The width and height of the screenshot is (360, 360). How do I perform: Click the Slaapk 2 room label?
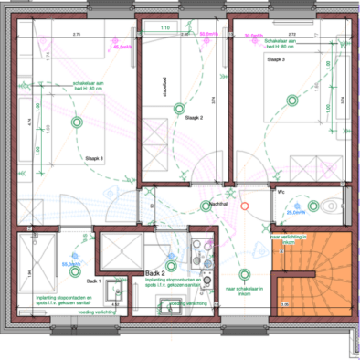click(x=193, y=119)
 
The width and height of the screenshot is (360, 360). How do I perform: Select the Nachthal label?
click(x=217, y=202)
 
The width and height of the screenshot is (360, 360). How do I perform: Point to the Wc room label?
click(x=281, y=193)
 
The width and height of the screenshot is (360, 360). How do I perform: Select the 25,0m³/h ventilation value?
click(x=297, y=212)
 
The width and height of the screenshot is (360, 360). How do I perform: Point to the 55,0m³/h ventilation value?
click(x=72, y=264)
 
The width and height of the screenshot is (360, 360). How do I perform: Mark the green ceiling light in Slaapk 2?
click(x=179, y=110)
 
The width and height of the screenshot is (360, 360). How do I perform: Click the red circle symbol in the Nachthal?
click(x=244, y=206)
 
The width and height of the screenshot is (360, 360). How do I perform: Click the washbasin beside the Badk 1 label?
click(x=113, y=291)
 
